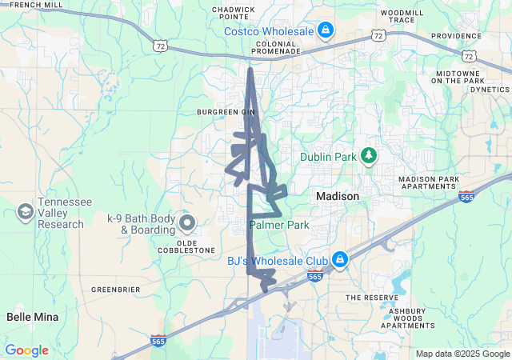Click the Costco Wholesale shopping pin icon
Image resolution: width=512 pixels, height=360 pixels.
point(325,31)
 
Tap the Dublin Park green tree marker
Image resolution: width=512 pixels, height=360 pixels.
point(369,156)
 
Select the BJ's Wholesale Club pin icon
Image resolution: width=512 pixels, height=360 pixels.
point(339,260)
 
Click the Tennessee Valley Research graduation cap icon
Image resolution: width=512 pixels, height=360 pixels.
point(26,212)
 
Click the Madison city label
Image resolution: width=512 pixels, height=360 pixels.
point(338,196)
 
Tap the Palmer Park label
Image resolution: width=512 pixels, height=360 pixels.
point(279,226)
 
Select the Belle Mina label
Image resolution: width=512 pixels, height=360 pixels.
point(33,317)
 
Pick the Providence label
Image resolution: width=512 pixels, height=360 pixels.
point(456,36)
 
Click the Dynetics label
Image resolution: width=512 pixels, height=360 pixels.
point(490,90)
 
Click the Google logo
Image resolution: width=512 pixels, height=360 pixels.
point(26,350)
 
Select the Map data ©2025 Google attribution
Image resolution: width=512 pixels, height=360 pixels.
point(462,354)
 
